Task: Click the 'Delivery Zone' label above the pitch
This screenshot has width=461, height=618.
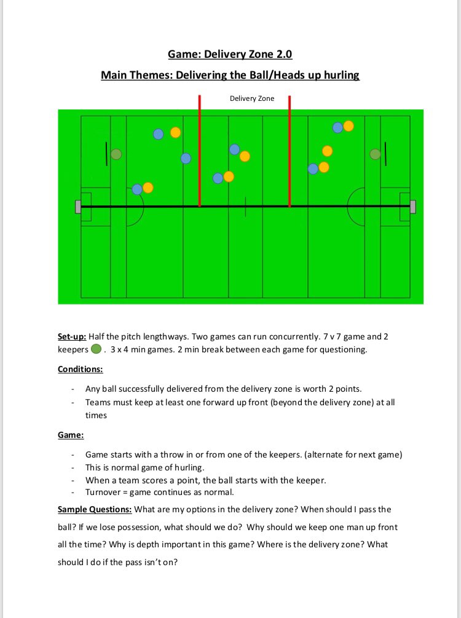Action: coord(252,98)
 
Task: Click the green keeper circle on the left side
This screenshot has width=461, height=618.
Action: coord(116,154)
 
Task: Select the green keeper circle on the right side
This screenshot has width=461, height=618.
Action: coord(375,154)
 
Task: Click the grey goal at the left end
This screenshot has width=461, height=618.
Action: coord(78,207)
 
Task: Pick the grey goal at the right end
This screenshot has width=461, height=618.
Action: coord(412,207)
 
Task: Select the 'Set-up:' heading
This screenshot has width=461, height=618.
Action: coord(73,337)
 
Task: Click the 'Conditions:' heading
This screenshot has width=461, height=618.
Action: coord(81,370)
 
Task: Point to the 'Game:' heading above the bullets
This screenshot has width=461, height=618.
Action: coord(71,435)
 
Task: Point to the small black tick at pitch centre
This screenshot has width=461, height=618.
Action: coord(245,207)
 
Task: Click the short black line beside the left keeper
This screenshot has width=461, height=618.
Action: coord(106,154)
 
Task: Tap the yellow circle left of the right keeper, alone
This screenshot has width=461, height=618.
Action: coord(327,151)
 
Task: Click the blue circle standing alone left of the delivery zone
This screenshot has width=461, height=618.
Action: coord(186,159)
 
